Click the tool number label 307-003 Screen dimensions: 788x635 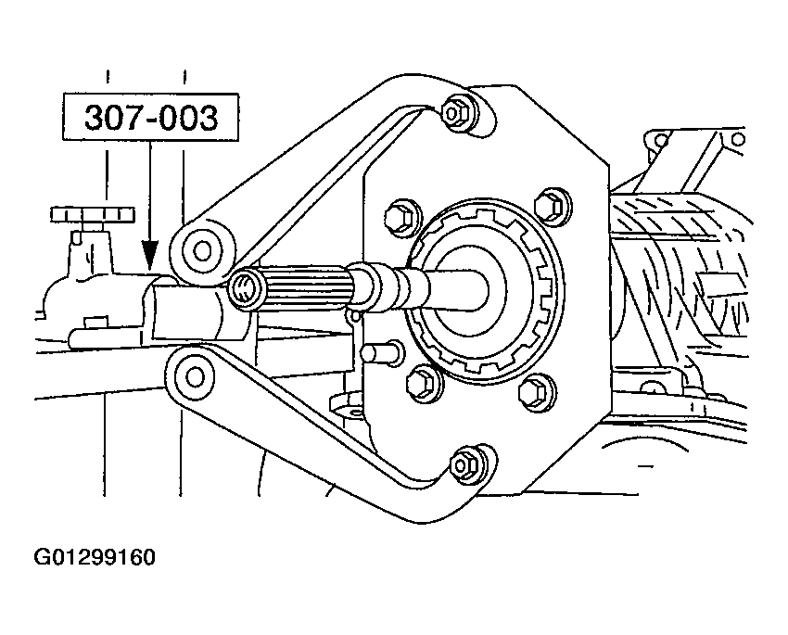coord(151,118)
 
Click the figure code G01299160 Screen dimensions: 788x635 coord(95,557)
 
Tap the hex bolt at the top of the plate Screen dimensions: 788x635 coord(455,113)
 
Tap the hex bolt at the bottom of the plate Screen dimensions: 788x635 coord(464,465)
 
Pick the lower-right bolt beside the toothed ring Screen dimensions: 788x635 coord(536,389)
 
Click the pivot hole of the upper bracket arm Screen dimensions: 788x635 coord(202,249)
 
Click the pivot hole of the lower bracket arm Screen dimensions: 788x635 coord(195,376)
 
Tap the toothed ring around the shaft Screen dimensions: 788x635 coord(485,291)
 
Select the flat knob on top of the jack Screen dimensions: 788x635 coord(93,214)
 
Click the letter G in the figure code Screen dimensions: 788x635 coord(41,557)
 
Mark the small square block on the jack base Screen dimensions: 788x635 coord(96,322)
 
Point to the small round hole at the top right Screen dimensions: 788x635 coord(738,140)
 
